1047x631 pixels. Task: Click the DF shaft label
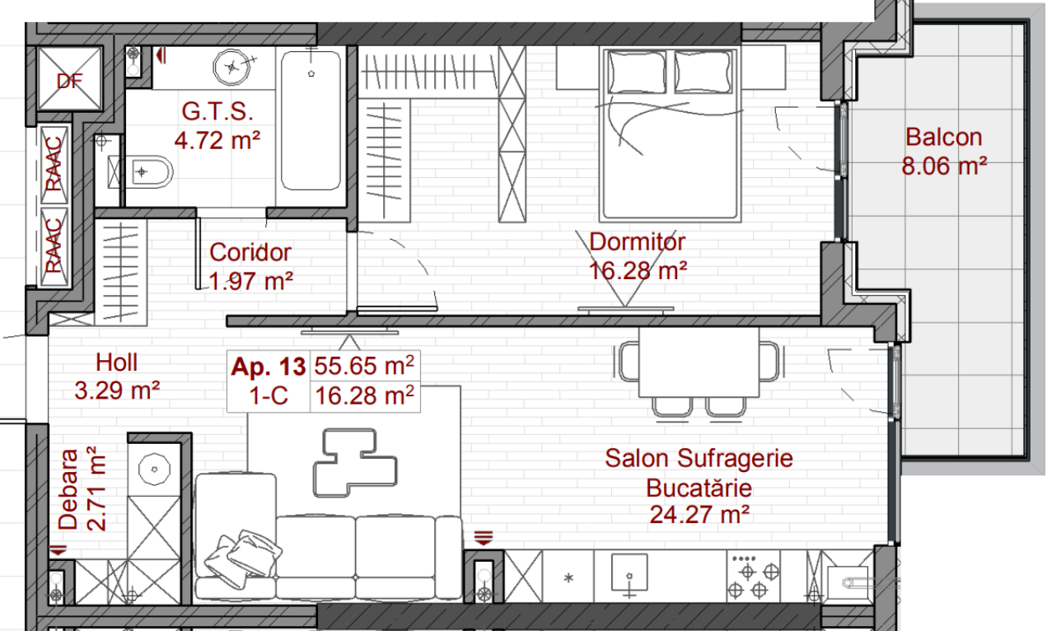coord(70,82)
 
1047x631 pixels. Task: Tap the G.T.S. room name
coord(217,112)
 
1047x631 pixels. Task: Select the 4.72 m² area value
coord(217,140)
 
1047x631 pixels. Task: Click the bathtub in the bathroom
coord(311,120)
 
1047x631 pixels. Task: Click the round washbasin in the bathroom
coord(231,68)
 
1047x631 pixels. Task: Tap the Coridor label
coord(250,252)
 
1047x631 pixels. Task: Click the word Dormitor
coord(637,242)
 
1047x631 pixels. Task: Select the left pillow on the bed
coord(637,72)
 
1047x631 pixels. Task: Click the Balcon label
coord(944,138)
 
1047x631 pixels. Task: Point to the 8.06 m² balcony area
coord(944,166)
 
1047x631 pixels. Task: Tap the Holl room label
coord(116,362)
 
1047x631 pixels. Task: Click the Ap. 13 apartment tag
coord(269,367)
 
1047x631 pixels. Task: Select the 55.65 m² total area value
coord(364,365)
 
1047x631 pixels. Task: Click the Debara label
coord(68,489)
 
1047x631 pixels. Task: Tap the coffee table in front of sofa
coord(355,463)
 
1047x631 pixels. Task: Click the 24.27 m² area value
coord(699,515)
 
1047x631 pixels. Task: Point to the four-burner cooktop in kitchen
coord(753,577)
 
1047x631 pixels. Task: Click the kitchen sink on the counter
coord(629,573)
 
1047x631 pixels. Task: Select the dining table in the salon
coord(699,362)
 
